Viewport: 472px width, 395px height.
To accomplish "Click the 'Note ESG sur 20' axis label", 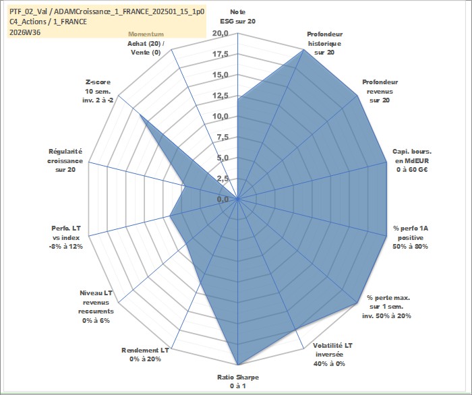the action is tap(237, 17).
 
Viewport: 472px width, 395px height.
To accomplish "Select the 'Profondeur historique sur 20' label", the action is tap(324, 43).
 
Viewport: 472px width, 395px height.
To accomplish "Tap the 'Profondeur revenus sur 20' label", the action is tap(380, 91).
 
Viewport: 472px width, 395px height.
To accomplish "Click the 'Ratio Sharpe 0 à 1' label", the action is tap(238, 382).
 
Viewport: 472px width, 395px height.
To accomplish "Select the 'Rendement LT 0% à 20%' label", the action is tap(145, 355).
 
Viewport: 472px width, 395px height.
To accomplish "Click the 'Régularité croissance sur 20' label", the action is tap(65, 160).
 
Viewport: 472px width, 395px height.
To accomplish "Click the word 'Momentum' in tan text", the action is tap(146, 34).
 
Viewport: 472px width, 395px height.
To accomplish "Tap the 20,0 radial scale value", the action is tap(220, 34).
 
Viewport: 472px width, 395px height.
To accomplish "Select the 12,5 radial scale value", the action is tap(220, 96).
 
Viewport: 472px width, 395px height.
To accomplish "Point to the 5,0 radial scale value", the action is tap(223, 158).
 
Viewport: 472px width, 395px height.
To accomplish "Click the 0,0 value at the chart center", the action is tap(223, 199).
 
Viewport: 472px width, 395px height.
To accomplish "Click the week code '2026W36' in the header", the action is tap(25, 32).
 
